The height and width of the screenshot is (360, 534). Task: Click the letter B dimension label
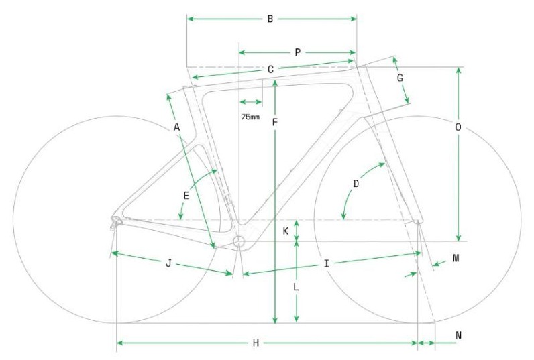point(270,19)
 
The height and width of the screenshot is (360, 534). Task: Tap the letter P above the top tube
point(298,52)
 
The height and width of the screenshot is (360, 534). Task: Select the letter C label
point(271,70)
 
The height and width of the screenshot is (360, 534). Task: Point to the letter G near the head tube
point(400,78)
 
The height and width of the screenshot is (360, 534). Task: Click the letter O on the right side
point(458,127)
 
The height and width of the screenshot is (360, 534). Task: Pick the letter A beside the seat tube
point(176,127)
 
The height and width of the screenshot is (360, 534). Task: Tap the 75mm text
point(250,117)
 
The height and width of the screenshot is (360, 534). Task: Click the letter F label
point(275,123)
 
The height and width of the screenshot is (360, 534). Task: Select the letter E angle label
point(186,196)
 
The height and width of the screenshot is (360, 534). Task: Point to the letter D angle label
point(356,184)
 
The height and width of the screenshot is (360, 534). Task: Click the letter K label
point(286,231)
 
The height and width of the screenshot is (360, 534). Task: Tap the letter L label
point(297,287)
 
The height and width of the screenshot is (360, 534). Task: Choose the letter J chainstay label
point(168,263)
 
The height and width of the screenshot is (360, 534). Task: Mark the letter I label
point(327,263)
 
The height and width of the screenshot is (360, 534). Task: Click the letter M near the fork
point(456,259)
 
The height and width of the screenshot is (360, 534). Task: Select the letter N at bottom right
point(458,335)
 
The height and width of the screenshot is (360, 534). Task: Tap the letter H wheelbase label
point(256,343)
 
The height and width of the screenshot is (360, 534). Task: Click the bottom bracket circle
point(239,241)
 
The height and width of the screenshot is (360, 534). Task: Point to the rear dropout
point(116,221)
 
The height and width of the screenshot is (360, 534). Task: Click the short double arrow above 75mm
point(251,102)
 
